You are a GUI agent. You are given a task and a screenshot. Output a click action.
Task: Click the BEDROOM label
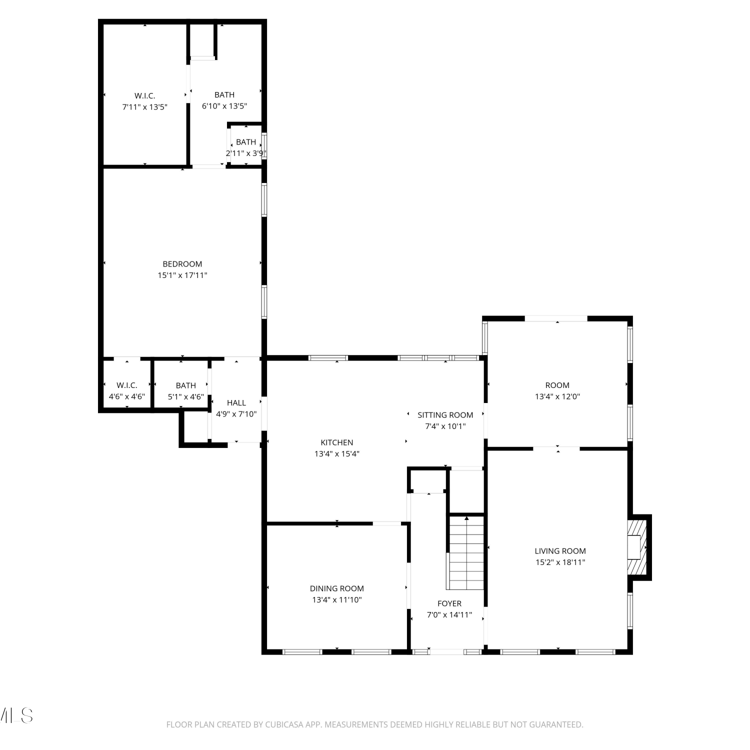coord(182,264)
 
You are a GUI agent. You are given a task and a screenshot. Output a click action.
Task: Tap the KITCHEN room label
coord(337,442)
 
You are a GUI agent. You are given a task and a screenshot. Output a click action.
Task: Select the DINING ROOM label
coord(337,588)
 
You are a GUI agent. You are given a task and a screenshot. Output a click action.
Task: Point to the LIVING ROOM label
coord(560,551)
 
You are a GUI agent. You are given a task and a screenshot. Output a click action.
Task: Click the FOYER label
coord(449,603)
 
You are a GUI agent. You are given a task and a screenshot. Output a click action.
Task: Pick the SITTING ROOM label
coord(445,415)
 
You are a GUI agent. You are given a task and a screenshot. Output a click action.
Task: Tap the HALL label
coord(236,402)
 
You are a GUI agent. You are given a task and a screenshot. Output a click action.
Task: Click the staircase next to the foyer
coord(466,552)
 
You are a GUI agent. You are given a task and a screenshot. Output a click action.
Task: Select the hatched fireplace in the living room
coord(637,547)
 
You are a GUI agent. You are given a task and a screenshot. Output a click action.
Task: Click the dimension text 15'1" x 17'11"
coord(182,275)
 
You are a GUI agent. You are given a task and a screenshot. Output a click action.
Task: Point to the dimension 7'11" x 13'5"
coord(145,107)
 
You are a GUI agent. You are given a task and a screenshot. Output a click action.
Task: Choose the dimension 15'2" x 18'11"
coord(560,562)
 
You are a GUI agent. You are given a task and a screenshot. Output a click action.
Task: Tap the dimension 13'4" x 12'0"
coord(557,396)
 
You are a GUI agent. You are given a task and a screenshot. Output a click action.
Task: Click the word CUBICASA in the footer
coord(284,724)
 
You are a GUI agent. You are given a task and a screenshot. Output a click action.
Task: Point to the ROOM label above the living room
coord(557,385)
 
